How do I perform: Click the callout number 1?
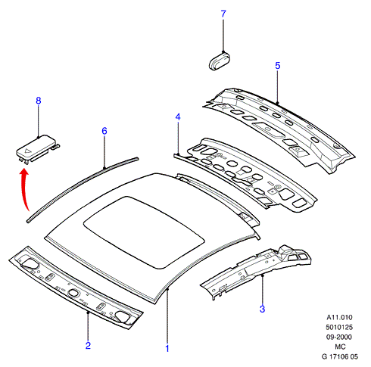tap(167, 349)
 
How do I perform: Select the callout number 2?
tap(88, 345)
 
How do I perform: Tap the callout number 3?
tap(263, 309)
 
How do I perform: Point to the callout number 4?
tap(178, 117)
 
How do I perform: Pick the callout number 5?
tap(278, 66)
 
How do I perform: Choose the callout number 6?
tap(104, 131)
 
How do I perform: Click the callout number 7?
tap(223, 14)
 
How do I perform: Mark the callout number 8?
tap(39, 101)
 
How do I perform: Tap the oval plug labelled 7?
tap(220, 61)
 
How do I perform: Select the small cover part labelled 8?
tap(38, 149)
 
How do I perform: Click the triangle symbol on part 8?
tap(27, 152)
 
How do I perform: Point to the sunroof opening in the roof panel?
tap(144, 232)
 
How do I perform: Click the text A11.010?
tap(339, 317)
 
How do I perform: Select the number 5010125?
tap(339, 328)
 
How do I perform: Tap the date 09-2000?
tap(339, 337)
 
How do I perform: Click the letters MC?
tap(340, 347)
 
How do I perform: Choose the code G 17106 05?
tap(340, 356)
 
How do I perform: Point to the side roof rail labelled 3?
tap(255, 271)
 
